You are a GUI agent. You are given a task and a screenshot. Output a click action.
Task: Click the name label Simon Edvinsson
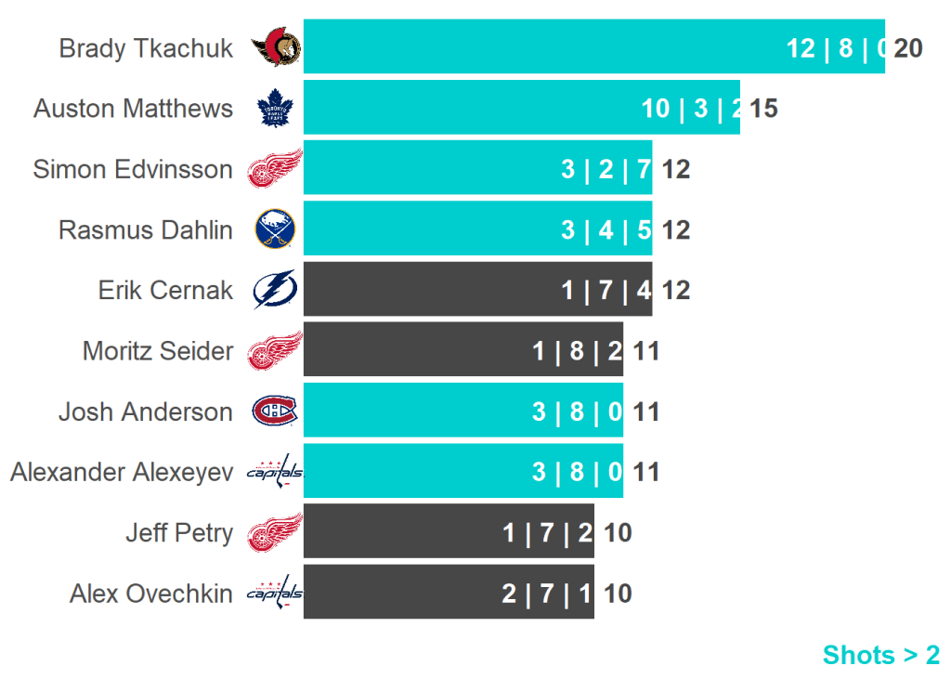tap(133, 169)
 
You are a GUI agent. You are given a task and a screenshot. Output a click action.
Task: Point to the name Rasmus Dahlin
tap(146, 229)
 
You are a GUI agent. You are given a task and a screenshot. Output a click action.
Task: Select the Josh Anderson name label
tap(146, 411)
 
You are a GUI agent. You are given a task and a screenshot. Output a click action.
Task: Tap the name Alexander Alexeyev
tap(122, 472)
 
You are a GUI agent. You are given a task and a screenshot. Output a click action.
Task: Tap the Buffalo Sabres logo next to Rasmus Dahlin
tap(275, 229)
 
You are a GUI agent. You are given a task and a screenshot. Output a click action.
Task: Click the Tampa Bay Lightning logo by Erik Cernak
tap(275, 290)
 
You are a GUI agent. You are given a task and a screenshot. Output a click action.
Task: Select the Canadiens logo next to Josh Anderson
tap(275, 411)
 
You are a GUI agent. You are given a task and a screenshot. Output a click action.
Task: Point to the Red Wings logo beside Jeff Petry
tap(275, 532)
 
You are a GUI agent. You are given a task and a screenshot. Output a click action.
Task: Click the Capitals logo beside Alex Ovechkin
tap(275, 593)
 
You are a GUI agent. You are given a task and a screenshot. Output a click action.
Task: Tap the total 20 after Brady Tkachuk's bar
tap(908, 47)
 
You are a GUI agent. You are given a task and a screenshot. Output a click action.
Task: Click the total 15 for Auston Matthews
tap(763, 109)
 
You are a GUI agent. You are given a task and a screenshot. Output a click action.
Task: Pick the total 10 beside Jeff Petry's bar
tap(619, 532)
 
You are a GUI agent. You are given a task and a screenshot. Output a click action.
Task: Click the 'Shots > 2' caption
tap(881, 655)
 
